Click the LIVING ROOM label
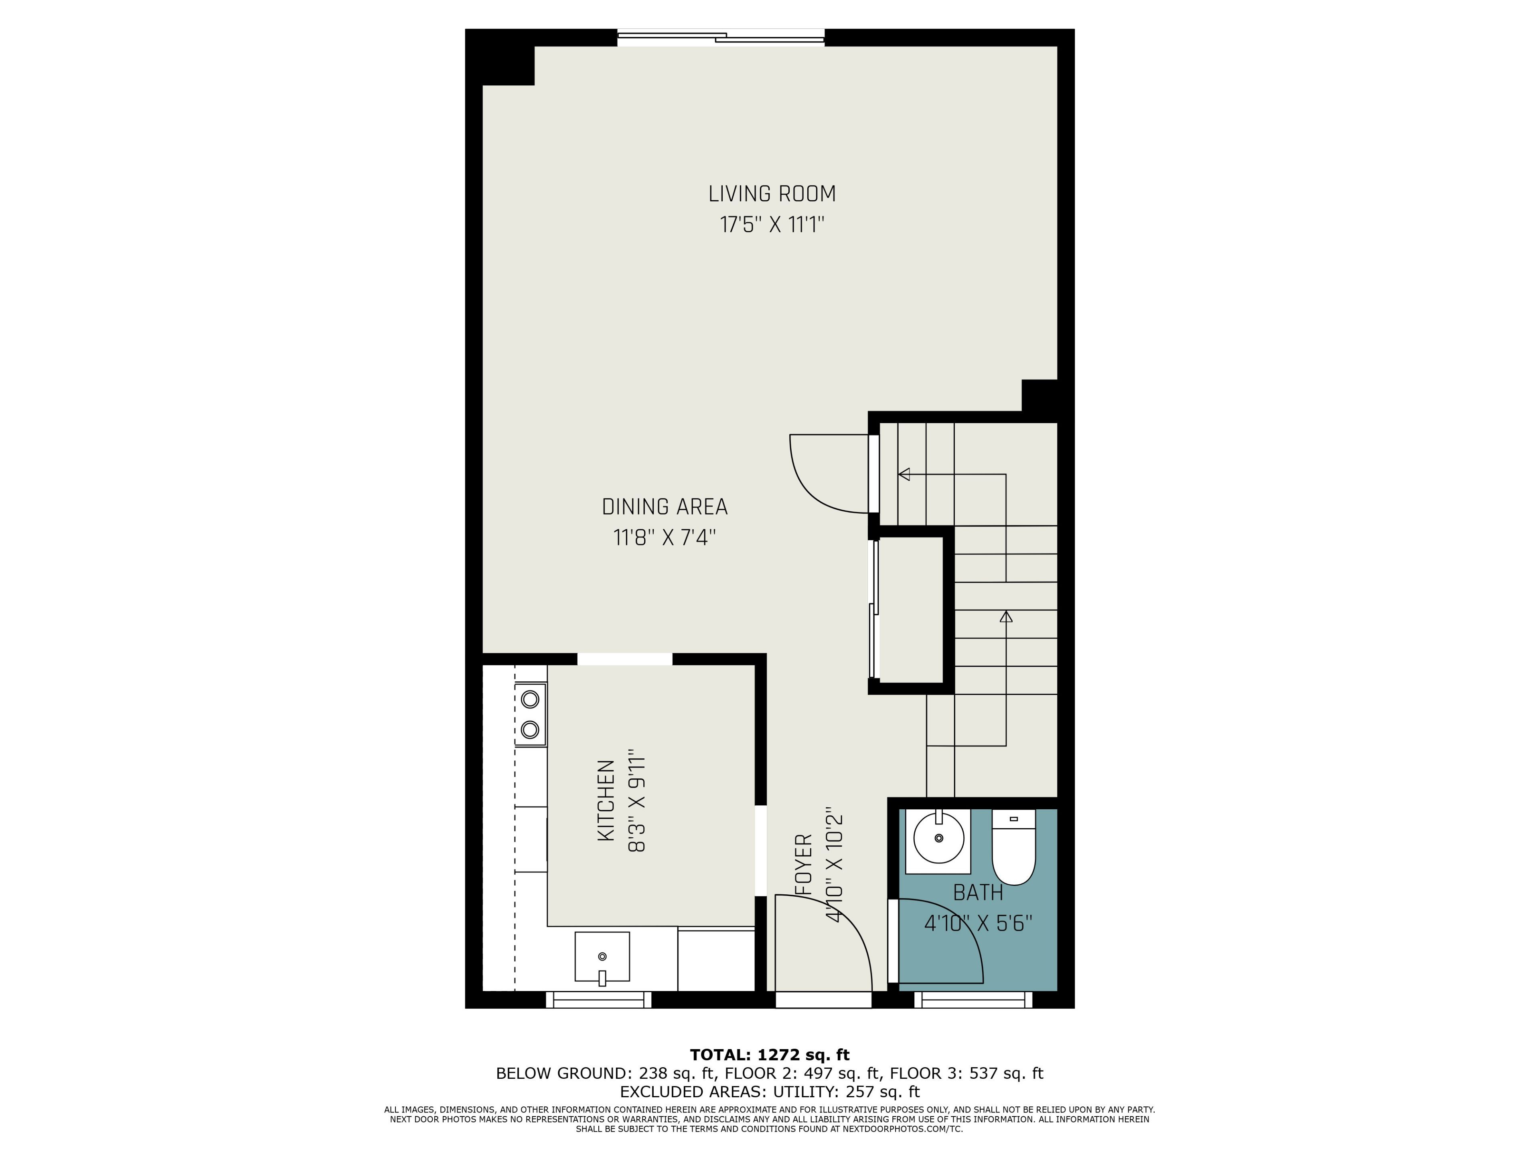pos(771,194)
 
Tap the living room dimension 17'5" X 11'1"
pos(771,225)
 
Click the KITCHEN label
pos(606,800)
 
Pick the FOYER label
pos(804,865)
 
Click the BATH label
pos(977,893)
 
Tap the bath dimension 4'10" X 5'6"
pos(977,924)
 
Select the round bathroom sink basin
pos(938,838)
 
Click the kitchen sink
pos(602,957)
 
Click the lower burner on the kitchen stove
pos(530,729)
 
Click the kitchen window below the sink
pos(599,1000)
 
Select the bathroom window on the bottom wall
pos(973,1000)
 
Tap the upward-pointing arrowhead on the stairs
pos(1006,616)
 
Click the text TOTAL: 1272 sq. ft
pos(770,1055)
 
